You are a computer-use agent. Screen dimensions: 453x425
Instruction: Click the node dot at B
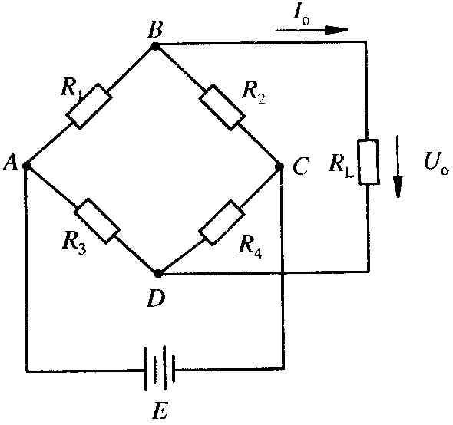155,46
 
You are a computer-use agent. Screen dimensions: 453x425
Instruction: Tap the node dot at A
27,166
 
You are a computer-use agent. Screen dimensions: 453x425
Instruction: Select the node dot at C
279,166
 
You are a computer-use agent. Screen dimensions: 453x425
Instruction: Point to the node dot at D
157,273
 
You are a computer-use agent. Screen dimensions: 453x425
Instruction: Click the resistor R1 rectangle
89,106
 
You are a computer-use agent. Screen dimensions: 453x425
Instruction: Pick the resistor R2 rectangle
222,107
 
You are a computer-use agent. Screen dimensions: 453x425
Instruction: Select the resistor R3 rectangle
97,221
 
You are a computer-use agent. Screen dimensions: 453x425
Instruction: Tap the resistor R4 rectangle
221,222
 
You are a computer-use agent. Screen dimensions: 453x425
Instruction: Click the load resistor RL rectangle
369,162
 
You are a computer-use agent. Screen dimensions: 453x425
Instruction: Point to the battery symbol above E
160,368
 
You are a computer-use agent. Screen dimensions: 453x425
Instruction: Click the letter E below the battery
160,410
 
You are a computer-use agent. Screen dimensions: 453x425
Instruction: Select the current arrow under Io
312,30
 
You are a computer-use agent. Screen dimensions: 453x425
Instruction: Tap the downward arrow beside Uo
398,166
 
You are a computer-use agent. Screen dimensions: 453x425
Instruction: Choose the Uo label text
436,163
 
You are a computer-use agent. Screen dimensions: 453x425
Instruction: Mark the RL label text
341,166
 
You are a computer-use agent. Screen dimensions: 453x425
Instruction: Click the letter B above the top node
155,29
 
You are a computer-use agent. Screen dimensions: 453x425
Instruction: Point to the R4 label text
250,248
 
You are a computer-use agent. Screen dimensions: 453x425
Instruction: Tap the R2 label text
253,94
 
